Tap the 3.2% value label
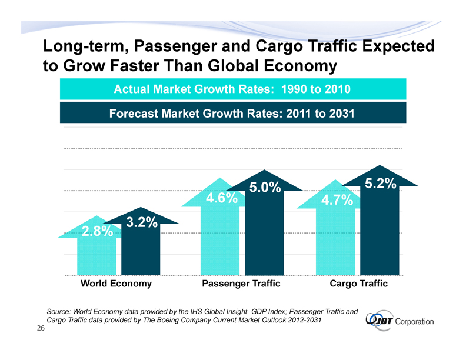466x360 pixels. click(141, 223)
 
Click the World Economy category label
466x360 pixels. click(116, 284)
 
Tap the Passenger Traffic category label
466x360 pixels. click(241, 284)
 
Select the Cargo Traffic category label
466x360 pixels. click(359, 284)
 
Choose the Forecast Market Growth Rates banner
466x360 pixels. click(232, 113)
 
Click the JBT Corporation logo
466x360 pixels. click(400, 321)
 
